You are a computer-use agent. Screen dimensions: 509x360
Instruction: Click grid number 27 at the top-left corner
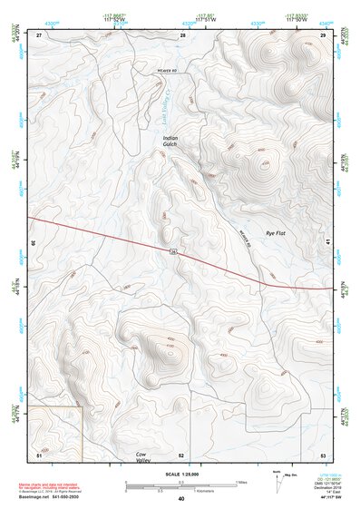(x=39, y=34)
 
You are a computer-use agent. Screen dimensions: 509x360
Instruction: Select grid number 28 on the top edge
(x=182, y=34)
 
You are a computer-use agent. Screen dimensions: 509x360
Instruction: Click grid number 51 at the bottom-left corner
(x=39, y=454)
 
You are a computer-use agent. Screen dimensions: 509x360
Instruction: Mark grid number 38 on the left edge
(x=34, y=243)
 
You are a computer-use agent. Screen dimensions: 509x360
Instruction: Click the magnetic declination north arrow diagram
(x=277, y=478)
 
